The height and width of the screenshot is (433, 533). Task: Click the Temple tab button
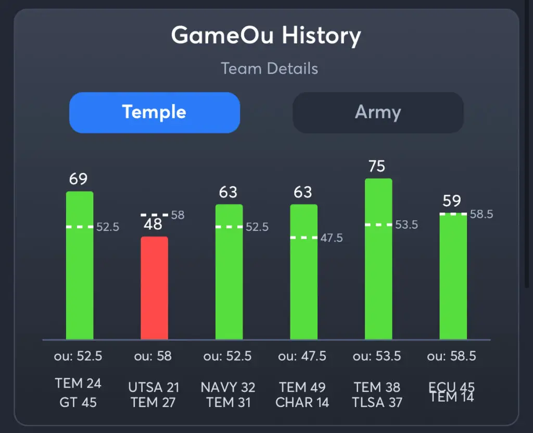[x=154, y=113]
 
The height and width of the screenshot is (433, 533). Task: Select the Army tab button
[x=378, y=113]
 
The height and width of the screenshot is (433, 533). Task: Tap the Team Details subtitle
[x=269, y=68]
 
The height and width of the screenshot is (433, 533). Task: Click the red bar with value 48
[x=154, y=288]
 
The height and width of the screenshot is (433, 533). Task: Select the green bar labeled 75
[x=378, y=259]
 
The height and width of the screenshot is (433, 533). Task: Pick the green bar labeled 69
[x=80, y=265]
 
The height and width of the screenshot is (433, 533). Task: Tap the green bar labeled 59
[x=453, y=276]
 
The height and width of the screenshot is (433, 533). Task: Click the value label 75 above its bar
[x=377, y=166]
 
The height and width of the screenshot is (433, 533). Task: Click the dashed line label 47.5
[x=332, y=238]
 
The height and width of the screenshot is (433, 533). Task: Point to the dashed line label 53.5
[x=407, y=225]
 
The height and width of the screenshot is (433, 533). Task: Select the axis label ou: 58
[x=154, y=356]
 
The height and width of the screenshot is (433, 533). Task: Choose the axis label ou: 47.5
[x=302, y=356]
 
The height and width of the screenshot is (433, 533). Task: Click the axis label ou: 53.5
[x=377, y=356]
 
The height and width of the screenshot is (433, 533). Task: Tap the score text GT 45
[x=79, y=402]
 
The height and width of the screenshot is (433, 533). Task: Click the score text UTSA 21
[x=154, y=388]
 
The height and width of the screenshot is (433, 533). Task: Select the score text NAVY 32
[x=228, y=388]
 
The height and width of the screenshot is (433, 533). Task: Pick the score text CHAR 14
[x=302, y=402]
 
